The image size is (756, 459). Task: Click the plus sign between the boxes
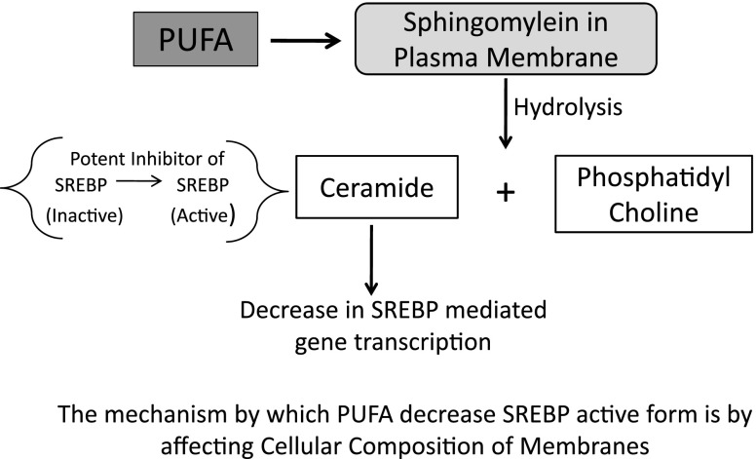coord(506,192)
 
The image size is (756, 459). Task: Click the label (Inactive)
coord(85,216)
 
